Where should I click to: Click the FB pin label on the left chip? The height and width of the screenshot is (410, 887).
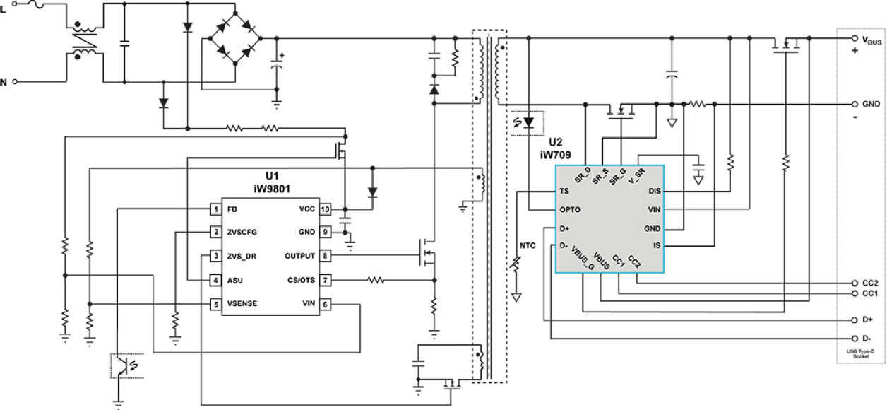pos(232,210)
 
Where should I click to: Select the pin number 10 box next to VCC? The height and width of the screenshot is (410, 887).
pos(325,210)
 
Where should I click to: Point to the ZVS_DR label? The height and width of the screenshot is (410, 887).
pos(242,257)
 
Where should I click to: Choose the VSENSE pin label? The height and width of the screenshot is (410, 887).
pos(242,304)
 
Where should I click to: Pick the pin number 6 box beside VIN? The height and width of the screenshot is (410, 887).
pos(325,304)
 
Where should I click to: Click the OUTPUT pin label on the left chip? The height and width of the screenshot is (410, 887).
pos(299,256)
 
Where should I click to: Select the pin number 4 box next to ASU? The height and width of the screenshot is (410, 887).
pos(216,281)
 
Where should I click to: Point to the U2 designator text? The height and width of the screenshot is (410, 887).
pos(556,142)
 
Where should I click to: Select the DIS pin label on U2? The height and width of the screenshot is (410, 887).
pos(654,191)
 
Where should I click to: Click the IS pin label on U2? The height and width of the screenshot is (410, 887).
pos(657,245)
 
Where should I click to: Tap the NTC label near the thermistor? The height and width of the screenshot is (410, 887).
pos(526,245)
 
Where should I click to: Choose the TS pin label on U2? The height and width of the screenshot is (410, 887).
pos(564,191)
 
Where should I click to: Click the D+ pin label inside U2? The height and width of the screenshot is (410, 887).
pos(564,228)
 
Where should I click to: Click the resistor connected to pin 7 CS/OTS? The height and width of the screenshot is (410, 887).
pos(374,281)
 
